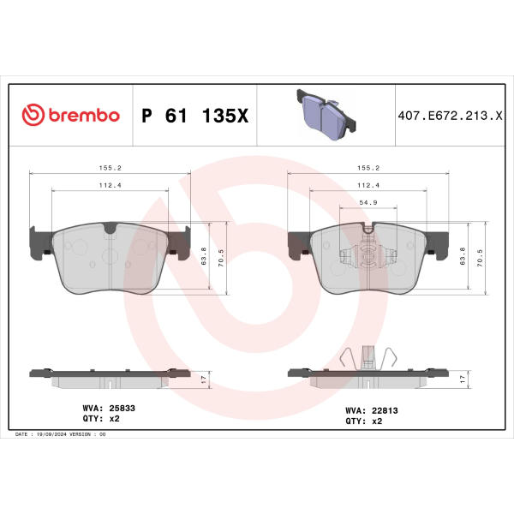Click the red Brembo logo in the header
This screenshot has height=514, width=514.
(70, 115)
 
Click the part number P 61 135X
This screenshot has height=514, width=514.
(195, 116)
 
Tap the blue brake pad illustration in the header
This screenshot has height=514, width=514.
(326, 115)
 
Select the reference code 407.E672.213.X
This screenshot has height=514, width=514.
(450, 116)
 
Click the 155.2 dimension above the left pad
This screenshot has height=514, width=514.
(111, 168)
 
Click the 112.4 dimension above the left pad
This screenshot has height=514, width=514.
(111, 185)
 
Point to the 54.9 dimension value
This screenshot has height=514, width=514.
(368, 202)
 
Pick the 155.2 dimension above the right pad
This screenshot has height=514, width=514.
(368, 168)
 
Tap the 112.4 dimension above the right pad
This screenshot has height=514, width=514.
(368, 185)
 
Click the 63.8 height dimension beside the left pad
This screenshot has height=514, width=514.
(204, 256)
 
